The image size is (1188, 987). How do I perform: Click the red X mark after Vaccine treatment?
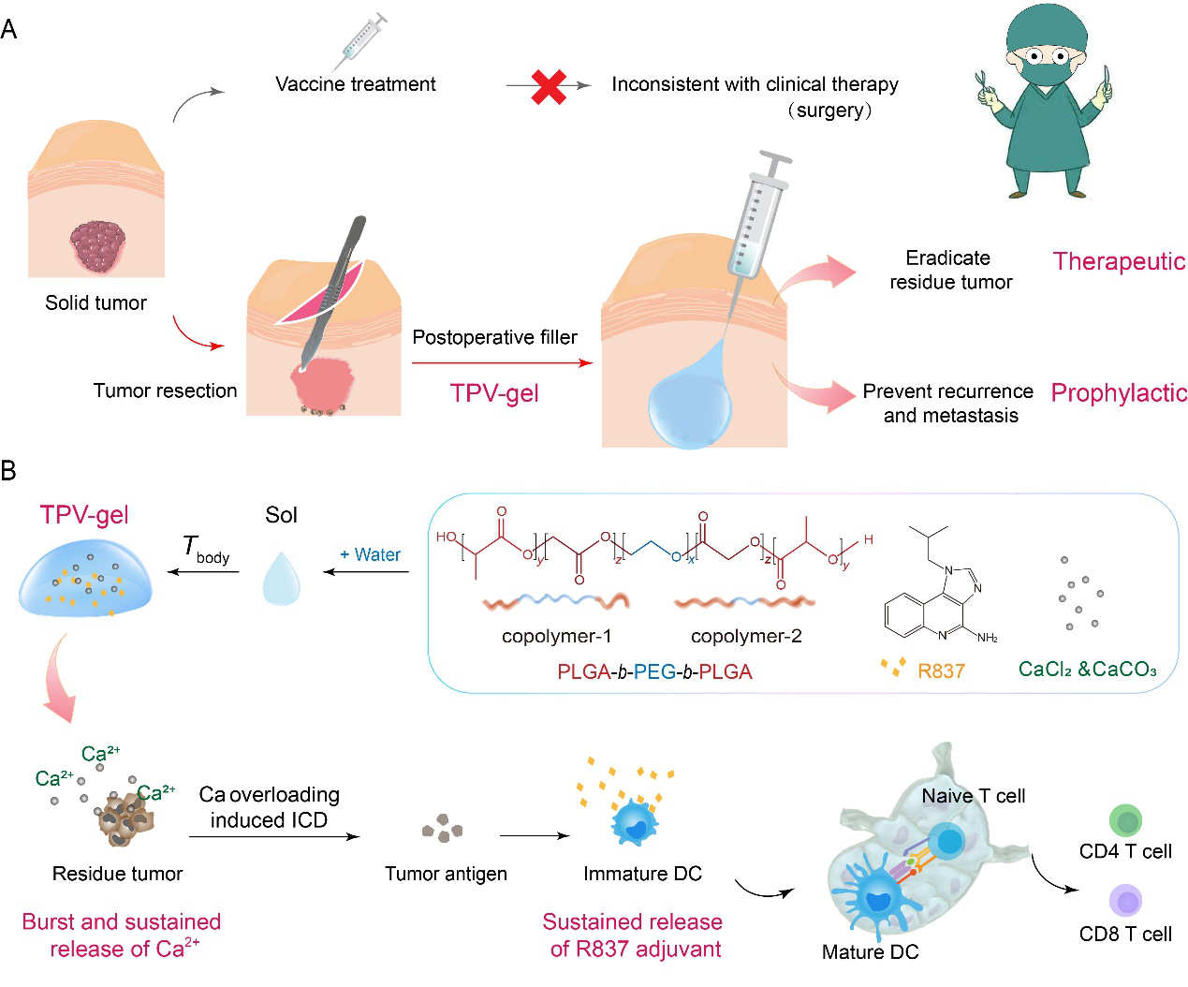549,86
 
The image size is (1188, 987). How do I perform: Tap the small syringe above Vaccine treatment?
360,41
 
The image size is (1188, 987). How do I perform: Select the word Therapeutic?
1119,261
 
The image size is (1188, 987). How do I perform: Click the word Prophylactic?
1119,393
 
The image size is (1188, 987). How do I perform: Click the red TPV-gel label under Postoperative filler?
494,393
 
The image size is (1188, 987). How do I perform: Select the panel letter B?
8,470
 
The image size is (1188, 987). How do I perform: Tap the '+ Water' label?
371,554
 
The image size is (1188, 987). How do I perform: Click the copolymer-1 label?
556,637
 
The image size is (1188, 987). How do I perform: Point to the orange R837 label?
941,670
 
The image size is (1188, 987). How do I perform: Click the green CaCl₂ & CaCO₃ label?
1087,670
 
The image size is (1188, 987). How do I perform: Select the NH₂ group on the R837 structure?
987,638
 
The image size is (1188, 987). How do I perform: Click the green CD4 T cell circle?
1126,821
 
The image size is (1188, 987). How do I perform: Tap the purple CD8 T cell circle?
1126,902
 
